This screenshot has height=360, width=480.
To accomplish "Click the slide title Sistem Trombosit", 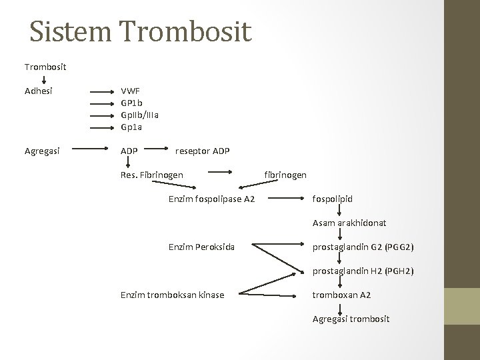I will (141, 32).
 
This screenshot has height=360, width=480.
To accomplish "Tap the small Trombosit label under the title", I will (45, 67).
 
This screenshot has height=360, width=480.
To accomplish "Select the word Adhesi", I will (40, 90).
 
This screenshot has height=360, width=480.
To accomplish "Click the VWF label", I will (130, 90).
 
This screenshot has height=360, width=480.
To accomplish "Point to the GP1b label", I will (131, 102).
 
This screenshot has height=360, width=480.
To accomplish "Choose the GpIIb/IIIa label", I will (139, 114).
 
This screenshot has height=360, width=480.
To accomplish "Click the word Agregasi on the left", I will (43, 151).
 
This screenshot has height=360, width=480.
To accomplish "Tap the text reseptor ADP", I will (202, 151).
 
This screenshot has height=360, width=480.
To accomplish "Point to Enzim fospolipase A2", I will (211, 199).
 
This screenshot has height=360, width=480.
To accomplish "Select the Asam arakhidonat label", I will (349, 223).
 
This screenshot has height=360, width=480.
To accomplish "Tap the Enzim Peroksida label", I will (201, 247).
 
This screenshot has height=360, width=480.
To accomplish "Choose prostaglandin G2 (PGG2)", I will (363, 247).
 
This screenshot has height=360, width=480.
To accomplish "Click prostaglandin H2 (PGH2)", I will (363, 271).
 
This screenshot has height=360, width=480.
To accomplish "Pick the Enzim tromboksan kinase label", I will (172, 295).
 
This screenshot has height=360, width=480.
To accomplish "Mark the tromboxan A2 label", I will (342, 295).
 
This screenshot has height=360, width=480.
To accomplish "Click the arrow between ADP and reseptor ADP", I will (156, 151).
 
